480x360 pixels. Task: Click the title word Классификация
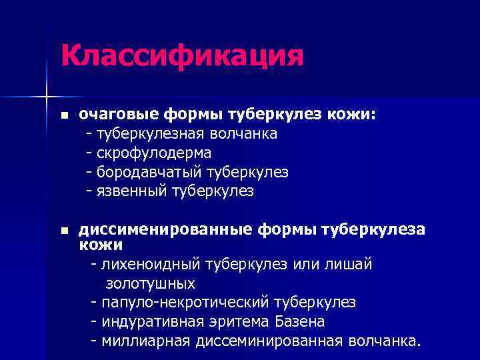point(182,56)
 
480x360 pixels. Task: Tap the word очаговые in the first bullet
point(109,115)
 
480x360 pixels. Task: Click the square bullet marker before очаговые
point(64,115)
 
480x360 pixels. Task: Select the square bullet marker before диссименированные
point(64,231)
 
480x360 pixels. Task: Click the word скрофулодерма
point(154,153)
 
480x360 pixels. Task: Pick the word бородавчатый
point(150,172)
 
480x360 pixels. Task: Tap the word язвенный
point(132,191)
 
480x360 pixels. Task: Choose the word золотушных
point(150,284)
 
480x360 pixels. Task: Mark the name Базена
point(300,322)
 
